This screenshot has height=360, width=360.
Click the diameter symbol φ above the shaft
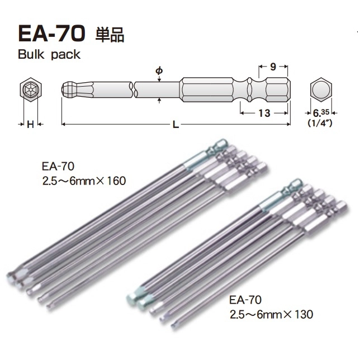(x=159, y=71)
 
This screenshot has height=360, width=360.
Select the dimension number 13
(x=265, y=112)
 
